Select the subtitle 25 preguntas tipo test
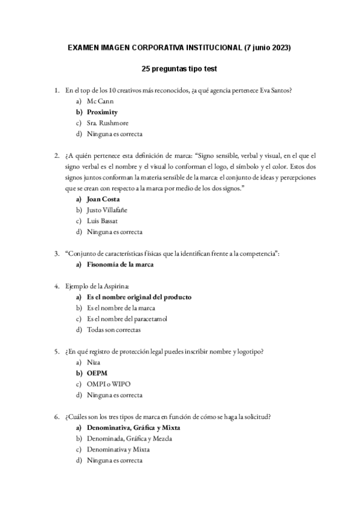[180, 69]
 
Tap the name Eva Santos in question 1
[276, 91]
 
